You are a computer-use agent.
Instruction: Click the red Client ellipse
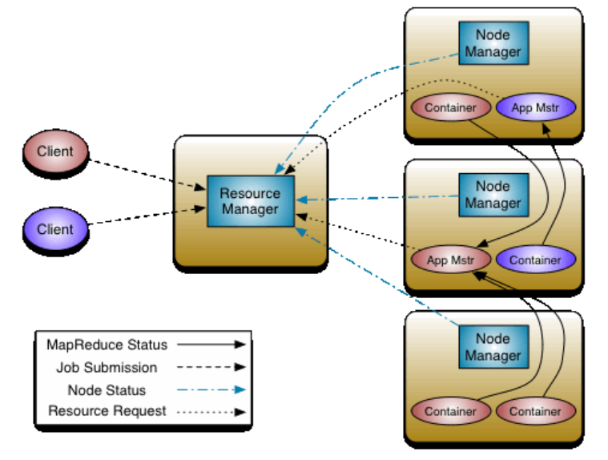tap(55, 151)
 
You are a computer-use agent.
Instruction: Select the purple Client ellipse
tap(55, 229)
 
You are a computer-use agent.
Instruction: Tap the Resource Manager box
tap(251, 201)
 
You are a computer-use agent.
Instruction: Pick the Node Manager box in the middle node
tap(493, 195)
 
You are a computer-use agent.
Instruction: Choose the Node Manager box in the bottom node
tap(493, 347)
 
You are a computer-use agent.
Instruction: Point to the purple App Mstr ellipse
tap(535, 107)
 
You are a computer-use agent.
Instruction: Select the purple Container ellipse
tap(535, 260)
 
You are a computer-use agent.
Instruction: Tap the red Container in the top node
tap(450, 107)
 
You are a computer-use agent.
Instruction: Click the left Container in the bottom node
tap(450, 411)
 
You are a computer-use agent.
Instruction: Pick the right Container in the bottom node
tap(535, 411)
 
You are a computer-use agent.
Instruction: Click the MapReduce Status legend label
tap(107, 345)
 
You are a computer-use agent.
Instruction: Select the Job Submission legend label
tap(107, 368)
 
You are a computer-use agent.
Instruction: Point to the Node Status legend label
tap(107, 390)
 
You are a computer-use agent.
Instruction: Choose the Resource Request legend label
tap(107, 411)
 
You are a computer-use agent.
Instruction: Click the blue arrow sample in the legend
tap(209, 390)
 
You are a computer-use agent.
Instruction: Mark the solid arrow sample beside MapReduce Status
tap(209, 345)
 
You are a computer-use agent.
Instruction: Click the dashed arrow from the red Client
tap(144, 173)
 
